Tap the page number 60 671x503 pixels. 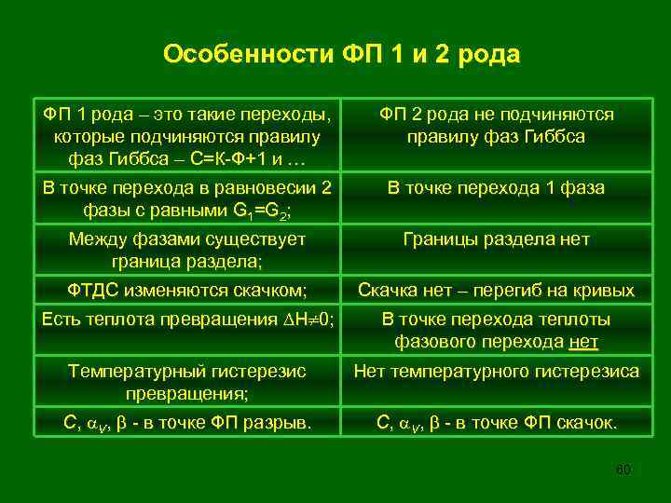click(x=623, y=469)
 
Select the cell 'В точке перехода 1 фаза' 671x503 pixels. click(x=496, y=188)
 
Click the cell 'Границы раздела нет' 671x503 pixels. click(x=496, y=239)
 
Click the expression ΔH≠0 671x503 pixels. click(x=309, y=320)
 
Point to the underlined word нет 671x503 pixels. click(x=582, y=343)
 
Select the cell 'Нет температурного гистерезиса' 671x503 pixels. click(x=496, y=372)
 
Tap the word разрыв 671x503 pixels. click(x=281, y=423)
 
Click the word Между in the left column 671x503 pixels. click(x=93, y=239)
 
